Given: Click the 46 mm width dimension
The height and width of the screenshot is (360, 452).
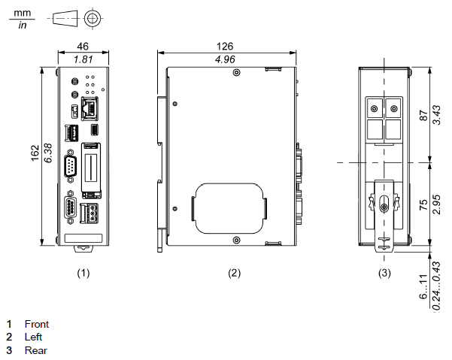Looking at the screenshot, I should click(83, 46).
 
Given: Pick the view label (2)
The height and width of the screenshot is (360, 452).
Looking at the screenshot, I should click(234, 274).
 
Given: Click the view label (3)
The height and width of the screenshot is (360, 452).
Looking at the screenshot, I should click(384, 274).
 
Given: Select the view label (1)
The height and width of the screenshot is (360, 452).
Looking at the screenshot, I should click(83, 274).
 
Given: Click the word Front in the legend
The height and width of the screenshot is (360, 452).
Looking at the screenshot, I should click(36, 324).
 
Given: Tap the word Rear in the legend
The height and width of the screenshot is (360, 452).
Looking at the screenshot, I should click(35, 350).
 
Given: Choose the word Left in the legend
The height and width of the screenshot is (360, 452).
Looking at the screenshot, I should click(33, 337).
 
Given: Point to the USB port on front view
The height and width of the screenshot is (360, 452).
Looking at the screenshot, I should click(74, 133).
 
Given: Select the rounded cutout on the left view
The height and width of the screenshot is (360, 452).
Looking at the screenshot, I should click(229, 207).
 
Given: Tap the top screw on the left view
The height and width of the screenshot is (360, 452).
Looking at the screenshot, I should click(237, 72).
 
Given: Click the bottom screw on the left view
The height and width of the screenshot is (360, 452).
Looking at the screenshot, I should click(237, 240).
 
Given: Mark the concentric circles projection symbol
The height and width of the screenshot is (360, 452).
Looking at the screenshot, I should click(92, 18).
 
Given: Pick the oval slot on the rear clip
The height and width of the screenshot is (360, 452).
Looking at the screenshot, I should click(384, 205).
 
